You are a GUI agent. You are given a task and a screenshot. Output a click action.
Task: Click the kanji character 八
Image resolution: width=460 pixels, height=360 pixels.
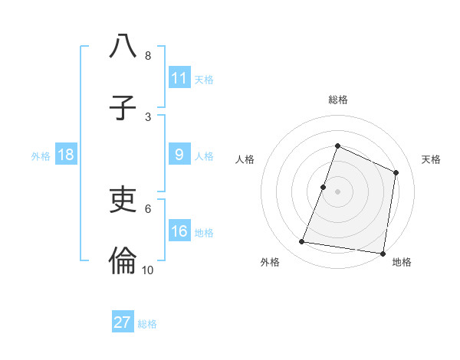click(123, 47)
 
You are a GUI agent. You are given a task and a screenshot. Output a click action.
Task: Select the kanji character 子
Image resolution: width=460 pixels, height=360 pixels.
click(123, 108)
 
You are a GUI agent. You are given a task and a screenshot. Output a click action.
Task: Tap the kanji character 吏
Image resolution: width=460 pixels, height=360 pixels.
click(123, 200)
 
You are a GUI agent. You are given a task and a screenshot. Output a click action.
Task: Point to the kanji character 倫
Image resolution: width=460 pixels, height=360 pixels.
click(123, 261)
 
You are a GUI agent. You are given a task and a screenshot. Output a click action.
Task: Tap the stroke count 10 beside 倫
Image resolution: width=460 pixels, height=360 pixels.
click(148, 270)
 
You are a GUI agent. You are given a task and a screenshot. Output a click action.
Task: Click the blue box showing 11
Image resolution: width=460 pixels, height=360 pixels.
click(179, 78)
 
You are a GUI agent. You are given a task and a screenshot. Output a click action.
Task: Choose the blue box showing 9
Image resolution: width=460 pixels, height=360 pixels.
click(179, 155)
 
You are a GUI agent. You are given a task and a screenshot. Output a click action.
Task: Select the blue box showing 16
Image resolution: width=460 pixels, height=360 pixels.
click(179, 231)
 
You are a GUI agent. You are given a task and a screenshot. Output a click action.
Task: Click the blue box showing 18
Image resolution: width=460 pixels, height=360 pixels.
click(66, 155)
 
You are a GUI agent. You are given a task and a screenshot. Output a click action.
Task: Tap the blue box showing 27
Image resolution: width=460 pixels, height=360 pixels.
click(123, 322)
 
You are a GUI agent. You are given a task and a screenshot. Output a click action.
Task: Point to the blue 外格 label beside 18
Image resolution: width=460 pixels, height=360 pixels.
click(41, 156)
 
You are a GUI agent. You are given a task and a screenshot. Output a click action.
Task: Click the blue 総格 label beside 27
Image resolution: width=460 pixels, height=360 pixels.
click(147, 324)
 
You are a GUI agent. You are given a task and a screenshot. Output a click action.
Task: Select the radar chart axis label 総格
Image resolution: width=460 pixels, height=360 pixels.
click(337, 100)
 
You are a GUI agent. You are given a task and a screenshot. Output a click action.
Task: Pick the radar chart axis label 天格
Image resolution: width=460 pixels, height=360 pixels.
click(432, 159)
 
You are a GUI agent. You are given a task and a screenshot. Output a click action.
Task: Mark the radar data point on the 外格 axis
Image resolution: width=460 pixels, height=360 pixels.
click(302, 242)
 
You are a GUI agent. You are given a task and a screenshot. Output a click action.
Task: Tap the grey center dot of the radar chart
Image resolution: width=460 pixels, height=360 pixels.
click(337, 191)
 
